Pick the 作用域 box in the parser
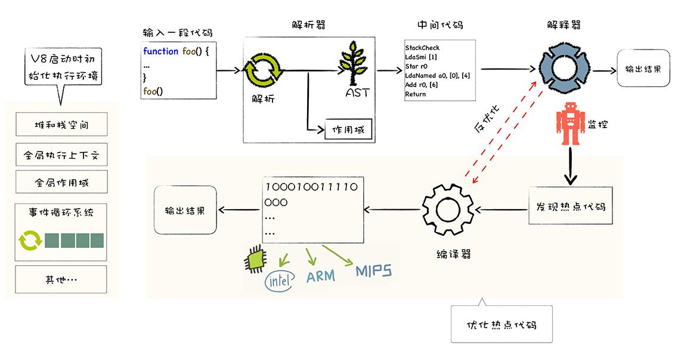point(348,130)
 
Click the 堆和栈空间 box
point(61,126)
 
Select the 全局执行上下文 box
point(61,156)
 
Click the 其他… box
point(61,279)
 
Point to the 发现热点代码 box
point(567,206)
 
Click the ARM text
point(320,277)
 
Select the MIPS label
point(374,272)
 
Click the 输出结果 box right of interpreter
point(642,69)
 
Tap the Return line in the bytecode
point(416,95)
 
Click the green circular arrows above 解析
point(262,70)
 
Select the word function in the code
point(160,52)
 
